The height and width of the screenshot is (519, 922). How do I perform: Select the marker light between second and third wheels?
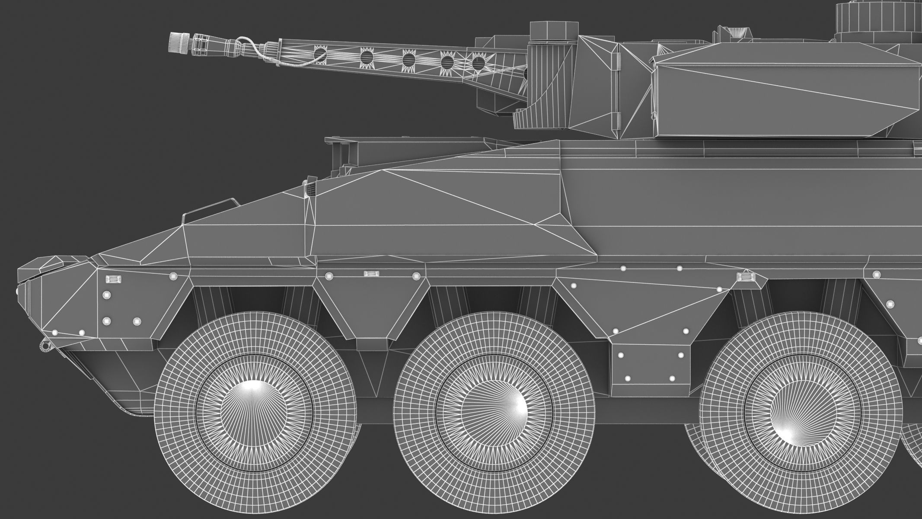747,277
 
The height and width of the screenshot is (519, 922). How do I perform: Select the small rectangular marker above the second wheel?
371,274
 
